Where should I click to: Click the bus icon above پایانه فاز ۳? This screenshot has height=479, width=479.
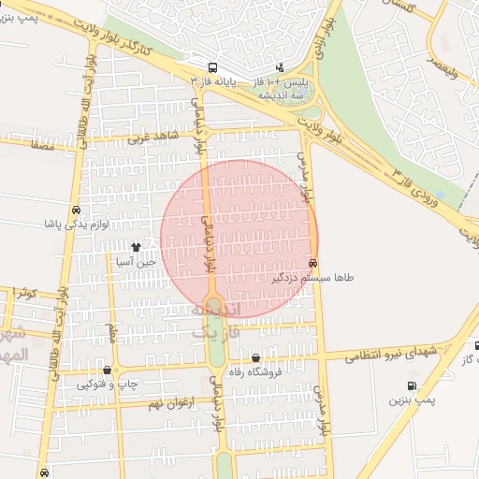pyautogui.click(x=213, y=67)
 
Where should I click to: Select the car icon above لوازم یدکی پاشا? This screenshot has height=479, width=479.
pyautogui.click(x=75, y=210)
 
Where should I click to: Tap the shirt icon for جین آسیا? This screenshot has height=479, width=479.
pyautogui.click(x=137, y=248)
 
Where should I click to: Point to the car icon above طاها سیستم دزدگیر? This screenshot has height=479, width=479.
pyautogui.click(x=312, y=263)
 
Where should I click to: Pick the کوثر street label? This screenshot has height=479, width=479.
pyautogui.click(x=24, y=294)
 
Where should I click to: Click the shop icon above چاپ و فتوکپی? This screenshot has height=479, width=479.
pyautogui.click(x=108, y=370)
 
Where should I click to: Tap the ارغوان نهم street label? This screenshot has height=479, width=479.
pyautogui.click(x=169, y=402)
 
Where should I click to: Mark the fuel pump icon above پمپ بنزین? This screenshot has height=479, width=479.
pyautogui.click(x=412, y=386)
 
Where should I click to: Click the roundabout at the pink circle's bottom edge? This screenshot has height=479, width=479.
pyautogui.click(x=214, y=305)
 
